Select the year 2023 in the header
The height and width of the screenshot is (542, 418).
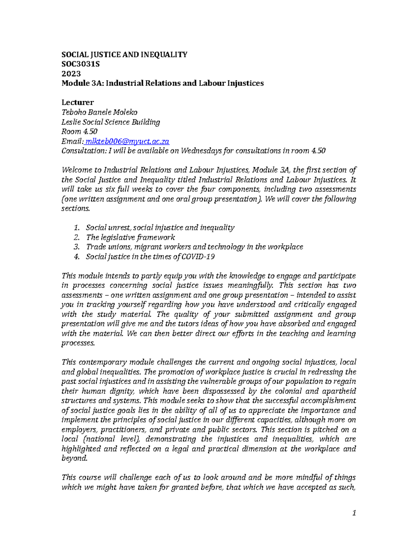[x=71, y=74]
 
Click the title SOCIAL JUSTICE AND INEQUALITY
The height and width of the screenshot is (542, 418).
[x=124, y=54]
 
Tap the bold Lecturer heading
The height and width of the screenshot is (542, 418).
[x=77, y=103]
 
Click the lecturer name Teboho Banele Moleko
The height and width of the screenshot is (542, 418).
[x=99, y=112]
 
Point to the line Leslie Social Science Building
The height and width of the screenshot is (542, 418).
[x=110, y=122]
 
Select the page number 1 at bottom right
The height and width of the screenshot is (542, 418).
[x=354, y=513]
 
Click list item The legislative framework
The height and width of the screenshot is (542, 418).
[x=130, y=238]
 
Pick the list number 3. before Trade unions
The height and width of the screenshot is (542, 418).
[x=77, y=247]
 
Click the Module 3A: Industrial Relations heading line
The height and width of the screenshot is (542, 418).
[x=162, y=83]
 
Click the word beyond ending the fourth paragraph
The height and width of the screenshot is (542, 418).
[x=74, y=459]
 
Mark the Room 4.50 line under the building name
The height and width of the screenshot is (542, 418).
[x=79, y=132]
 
